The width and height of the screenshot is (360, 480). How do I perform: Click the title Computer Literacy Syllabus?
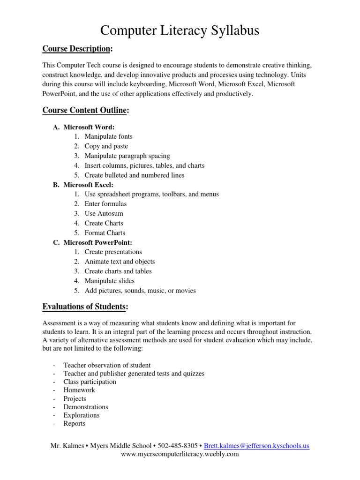click(x=180, y=30)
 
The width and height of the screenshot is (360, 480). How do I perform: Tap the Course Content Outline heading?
click(x=85, y=110)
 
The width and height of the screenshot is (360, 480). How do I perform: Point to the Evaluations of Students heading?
click(x=85, y=307)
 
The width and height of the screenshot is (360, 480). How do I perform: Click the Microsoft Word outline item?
click(x=89, y=127)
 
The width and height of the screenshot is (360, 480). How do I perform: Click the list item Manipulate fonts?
click(x=108, y=136)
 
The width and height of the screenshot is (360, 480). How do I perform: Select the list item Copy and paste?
click(x=106, y=146)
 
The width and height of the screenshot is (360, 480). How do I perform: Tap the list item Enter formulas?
click(x=105, y=204)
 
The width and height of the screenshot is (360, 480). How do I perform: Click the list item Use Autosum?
click(x=104, y=213)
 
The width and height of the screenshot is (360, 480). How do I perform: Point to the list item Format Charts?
click(x=105, y=232)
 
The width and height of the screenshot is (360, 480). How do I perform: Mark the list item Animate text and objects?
click(x=120, y=262)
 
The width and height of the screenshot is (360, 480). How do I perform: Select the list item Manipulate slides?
click(x=109, y=281)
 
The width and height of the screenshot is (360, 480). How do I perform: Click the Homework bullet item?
click(x=79, y=390)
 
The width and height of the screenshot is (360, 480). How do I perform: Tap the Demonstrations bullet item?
click(x=86, y=407)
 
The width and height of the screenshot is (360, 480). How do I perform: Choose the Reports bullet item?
click(x=75, y=424)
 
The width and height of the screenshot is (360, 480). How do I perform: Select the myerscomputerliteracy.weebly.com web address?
click(x=180, y=454)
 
